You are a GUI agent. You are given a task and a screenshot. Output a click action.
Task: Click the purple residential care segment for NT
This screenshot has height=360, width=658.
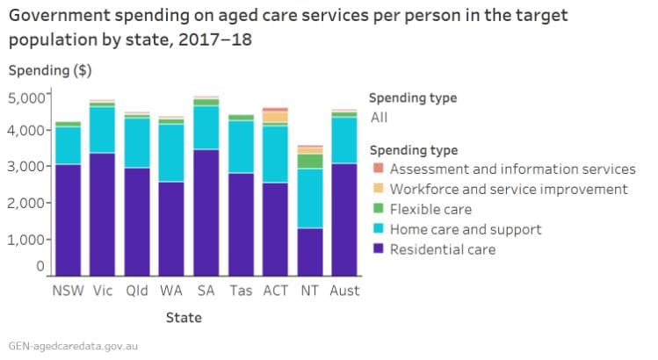click(309, 252)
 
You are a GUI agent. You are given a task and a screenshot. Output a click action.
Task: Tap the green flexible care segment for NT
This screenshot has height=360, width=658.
click(309, 161)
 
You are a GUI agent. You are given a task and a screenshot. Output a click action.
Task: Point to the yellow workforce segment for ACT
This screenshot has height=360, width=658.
click(275, 117)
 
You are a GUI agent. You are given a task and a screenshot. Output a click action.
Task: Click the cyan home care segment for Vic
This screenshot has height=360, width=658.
click(102, 130)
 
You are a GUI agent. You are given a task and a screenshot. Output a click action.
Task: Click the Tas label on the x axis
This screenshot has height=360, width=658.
click(241, 291)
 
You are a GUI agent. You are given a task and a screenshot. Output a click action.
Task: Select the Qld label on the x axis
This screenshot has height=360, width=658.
click(136, 291)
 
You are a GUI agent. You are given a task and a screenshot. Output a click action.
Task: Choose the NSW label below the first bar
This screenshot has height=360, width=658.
click(68, 291)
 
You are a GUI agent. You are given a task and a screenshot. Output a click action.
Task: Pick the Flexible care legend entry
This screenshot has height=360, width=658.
click(430, 209)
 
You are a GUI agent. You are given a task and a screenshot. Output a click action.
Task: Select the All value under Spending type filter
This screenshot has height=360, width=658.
click(379, 117)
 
